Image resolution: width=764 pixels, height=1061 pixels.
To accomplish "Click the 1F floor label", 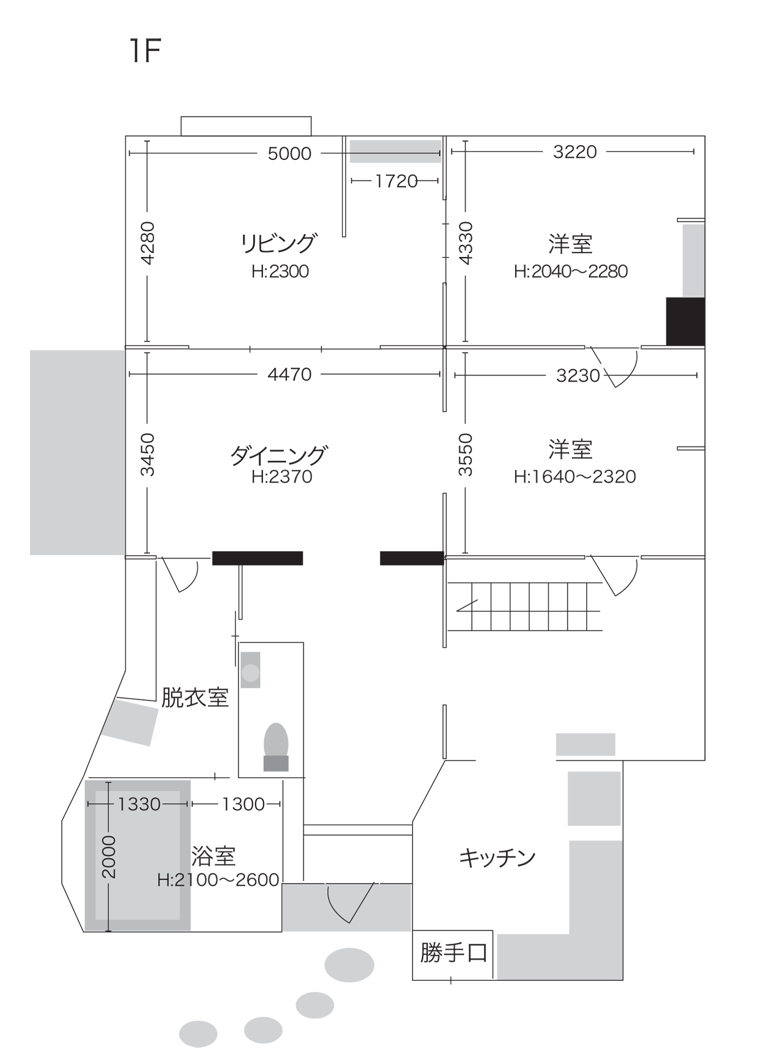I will coord(145,51).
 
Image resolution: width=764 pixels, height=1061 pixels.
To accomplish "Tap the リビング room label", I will coord(279,243).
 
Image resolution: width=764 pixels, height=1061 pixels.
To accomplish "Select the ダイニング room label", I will coord(279,455).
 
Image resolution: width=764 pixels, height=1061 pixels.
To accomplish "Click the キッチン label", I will coord(497,858).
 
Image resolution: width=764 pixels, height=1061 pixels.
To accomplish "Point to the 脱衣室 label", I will coord(195,698).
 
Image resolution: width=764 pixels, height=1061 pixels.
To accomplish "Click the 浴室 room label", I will coord(213,856).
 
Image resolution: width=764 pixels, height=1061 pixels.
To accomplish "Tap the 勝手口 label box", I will coord(453,953).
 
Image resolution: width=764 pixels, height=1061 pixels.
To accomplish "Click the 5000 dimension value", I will coord(289,154).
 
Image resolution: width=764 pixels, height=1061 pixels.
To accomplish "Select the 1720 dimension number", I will coord(396,181).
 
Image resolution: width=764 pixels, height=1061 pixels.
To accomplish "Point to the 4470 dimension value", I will coord(289,374).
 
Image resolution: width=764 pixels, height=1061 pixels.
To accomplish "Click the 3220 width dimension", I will coord(575,152).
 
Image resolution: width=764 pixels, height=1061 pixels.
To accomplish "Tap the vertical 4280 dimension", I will coord(147,243).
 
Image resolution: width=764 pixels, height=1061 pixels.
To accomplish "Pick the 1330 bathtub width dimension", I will coord(139,804).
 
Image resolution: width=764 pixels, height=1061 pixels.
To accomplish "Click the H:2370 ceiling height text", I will coord(282,477).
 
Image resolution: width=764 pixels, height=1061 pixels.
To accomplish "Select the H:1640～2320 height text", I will coord(575,477).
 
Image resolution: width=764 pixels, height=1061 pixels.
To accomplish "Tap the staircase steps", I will coord(524,606).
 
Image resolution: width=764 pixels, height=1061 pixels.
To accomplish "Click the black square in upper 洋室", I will coord(685,321).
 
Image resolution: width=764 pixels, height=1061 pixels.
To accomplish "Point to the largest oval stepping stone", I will coord(349,965).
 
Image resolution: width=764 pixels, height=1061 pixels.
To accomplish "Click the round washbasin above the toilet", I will coord(250,672).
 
